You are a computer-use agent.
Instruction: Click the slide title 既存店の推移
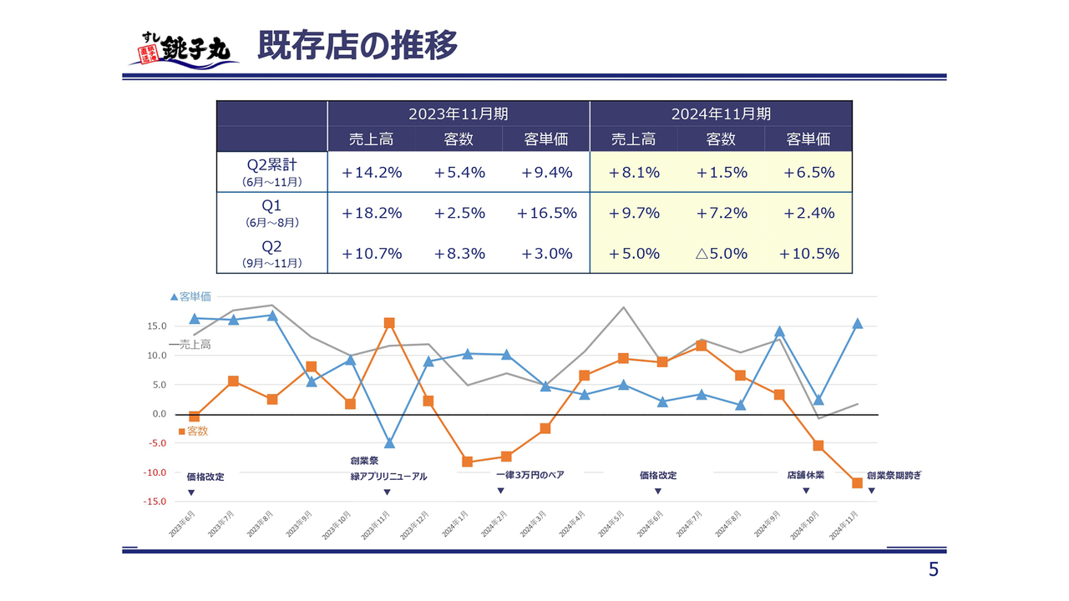[x=357, y=46]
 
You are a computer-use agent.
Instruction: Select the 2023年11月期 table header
[x=458, y=114]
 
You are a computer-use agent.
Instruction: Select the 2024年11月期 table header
[x=721, y=114]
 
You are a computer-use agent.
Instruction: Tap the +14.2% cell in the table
[x=372, y=173]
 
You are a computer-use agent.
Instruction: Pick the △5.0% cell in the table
[x=721, y=254]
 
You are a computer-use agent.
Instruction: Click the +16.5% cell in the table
[x=546, y=213]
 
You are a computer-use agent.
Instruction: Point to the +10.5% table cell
[x=808, y=254]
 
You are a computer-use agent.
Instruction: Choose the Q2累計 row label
[x=272, y=165]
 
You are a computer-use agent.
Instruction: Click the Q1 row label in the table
[x=272, y=205]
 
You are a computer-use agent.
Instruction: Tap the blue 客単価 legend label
[x=190, y=296]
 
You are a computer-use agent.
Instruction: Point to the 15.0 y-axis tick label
[x=158, y=326]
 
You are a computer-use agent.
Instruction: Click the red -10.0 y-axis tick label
[x=156, y=473]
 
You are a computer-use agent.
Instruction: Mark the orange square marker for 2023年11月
[x=389, y=323]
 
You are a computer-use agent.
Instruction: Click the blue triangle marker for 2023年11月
[x=389, y=442]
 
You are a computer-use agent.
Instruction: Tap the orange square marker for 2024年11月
[x=857, y=483]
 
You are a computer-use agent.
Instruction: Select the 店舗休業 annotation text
[x=805, y=475]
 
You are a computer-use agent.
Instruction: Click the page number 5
[x=934, y=570]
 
